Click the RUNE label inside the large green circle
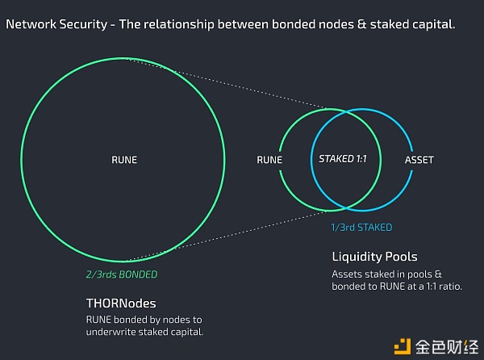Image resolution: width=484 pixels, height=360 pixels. [123, 160]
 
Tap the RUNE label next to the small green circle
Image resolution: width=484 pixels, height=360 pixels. [269, 160]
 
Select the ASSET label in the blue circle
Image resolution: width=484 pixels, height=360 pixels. [419, 160]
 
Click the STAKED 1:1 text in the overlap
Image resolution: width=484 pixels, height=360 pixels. [343, 159]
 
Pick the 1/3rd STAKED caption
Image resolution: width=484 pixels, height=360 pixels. [361, 228]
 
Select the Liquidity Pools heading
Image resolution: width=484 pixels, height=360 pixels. [374, 257]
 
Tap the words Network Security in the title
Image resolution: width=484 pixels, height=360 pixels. [56, 24]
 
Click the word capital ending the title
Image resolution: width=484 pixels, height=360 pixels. [433, 24]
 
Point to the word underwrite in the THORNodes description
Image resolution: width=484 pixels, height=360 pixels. [111, 332]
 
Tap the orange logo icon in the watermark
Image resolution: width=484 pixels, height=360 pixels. [403, 344]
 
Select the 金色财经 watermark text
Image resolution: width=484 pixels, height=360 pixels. [446, 345]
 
